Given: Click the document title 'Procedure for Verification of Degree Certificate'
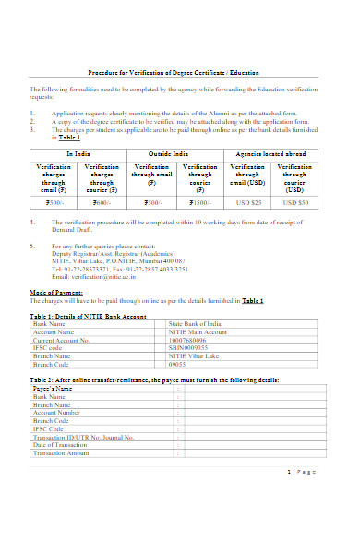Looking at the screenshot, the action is [x=174, y=72].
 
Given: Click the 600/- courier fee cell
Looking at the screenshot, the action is [x=101, y=201].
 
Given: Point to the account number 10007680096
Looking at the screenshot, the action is [x=189, y=341].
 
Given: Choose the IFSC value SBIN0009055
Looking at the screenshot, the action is [x=189, y=348].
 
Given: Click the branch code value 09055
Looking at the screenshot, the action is [x=178, y=364].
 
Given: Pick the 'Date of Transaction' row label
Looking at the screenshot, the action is [x=60, y=445].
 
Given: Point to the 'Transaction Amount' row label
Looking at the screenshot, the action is [x=61, y=453].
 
